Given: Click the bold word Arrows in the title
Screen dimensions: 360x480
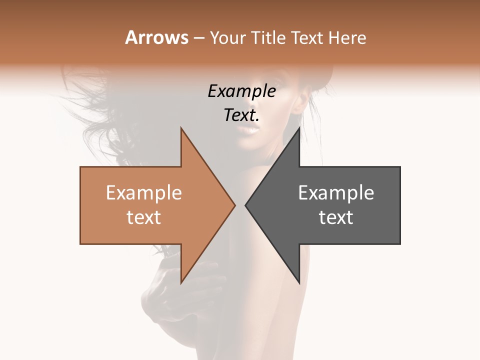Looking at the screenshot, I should (x=156, y=37).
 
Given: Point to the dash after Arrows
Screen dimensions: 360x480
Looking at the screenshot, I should (x=198, y=38).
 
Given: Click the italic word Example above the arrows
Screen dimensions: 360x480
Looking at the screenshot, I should (x=241, y=91).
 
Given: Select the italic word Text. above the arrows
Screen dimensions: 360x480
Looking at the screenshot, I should (x=241, y=115).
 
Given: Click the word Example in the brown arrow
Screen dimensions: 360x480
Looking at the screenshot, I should (x=143, y=193).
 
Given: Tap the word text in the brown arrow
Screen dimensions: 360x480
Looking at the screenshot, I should (x=143, y=217).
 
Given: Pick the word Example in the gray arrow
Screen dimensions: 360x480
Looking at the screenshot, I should (x=336, y=193).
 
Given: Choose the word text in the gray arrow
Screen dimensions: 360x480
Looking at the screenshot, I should (x=336, y=217).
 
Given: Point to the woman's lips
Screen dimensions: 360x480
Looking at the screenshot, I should (x=250, y=131).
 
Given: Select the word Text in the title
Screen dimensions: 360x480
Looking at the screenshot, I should (x=306, y=38).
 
